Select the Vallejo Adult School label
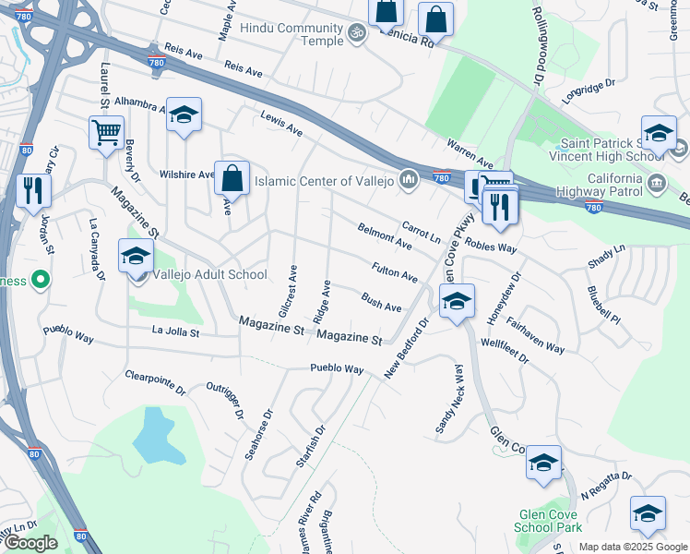point(210,274)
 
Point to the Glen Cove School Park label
point(551,521)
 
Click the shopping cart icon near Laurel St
point(107,131)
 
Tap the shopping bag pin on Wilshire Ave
point(232,177)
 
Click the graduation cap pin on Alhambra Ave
point(184,115)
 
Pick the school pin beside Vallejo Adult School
point(136,256)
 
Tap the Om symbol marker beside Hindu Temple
point(356,31)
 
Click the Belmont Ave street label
point(385,235)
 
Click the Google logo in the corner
point(30,543)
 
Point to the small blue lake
point(153,435)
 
